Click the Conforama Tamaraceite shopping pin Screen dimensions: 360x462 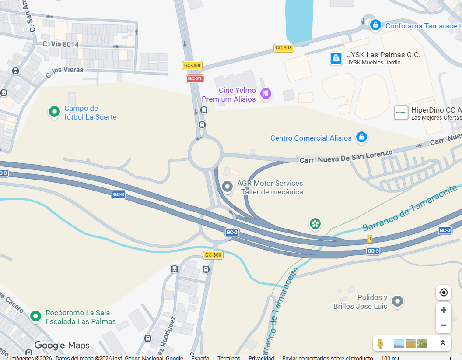(375, 25)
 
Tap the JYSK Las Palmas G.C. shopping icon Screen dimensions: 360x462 (336, 58)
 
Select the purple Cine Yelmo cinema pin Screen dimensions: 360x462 (266, 93)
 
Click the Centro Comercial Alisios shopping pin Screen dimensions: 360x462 (361, 137)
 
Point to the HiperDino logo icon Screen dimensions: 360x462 (401, 113)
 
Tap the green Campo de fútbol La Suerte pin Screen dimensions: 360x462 (54, 112)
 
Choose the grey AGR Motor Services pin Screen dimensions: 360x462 (227, 187)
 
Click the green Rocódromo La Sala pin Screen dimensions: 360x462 (35, 315)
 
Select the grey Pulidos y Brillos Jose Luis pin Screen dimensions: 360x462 (397, 301)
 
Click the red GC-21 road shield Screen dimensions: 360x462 (195, 78)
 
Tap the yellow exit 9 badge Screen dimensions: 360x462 (370, 239)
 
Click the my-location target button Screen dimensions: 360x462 (443, 293)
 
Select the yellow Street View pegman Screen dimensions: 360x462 (380, 343)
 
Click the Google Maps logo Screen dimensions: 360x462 (62, 345)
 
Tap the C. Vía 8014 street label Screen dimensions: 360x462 (61, 44)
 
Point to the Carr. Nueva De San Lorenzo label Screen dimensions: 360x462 (346, 157)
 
